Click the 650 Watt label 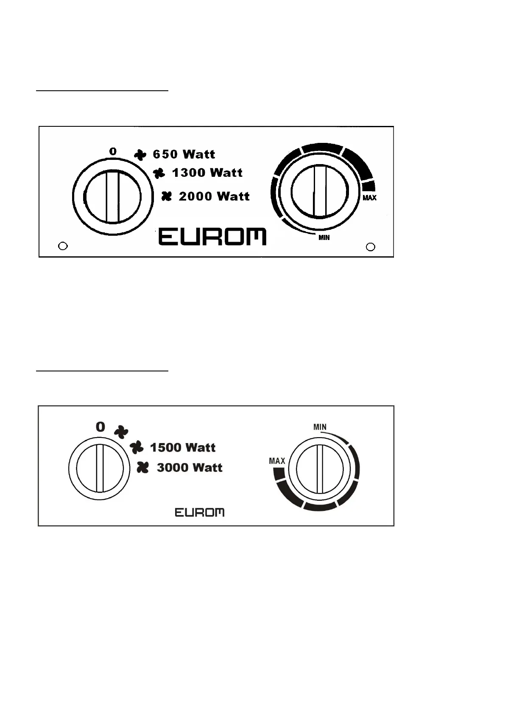point(184,154)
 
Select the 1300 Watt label point(207,173)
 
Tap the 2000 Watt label point(214,196)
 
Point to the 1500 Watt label point(183,447)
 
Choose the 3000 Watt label point(190,467)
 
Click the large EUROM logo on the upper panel point(212,237)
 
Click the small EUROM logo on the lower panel point(200,513)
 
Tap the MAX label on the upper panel point(369,198)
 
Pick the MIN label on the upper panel point(324,237)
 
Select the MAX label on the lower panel point(277,461)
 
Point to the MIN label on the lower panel point(320,427)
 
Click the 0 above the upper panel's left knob point(113,151)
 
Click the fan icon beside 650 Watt point(140,155)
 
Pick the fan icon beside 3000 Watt point(143,468)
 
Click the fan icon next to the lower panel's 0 point(121,431)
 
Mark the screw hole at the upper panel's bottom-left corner point(63,246)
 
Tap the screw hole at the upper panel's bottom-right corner point(370,247)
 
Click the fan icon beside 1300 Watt point(159,173)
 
